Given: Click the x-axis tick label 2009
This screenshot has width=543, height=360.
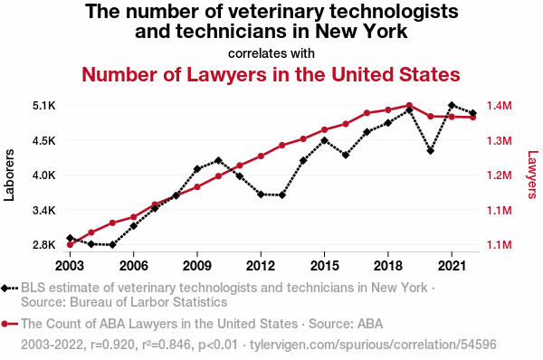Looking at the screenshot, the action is (197, 266).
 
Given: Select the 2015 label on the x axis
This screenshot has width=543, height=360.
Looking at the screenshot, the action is (325, 266).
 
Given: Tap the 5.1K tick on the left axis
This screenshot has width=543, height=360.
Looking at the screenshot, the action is (44, 106).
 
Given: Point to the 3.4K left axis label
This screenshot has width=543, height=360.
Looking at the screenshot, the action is (44, 210).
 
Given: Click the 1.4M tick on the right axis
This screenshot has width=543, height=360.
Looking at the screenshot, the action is (499, 106).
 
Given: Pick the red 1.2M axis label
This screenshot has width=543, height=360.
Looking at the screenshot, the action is (499, 175).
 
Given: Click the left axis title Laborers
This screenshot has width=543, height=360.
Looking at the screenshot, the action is (9, 175).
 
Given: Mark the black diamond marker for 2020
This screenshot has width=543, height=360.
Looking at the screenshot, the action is (431, 151).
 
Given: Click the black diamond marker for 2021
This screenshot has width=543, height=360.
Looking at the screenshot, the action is (452, 105).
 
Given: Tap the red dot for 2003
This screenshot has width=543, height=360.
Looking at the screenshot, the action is (70, 245).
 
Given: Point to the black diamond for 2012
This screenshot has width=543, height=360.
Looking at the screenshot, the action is (261, 194).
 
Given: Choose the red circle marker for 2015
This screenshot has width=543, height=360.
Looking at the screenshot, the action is (325, 130).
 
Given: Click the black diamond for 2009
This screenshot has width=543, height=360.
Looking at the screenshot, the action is (197, 169).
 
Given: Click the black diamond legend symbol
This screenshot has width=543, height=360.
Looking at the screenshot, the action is (9, 288).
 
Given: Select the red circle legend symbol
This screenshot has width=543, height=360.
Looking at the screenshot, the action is (9, 324).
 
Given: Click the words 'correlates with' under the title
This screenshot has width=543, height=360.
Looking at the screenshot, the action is (271, 53).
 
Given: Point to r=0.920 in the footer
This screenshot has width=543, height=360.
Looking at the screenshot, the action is (112, 345).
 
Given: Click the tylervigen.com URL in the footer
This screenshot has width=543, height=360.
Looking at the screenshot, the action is (373, 345).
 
